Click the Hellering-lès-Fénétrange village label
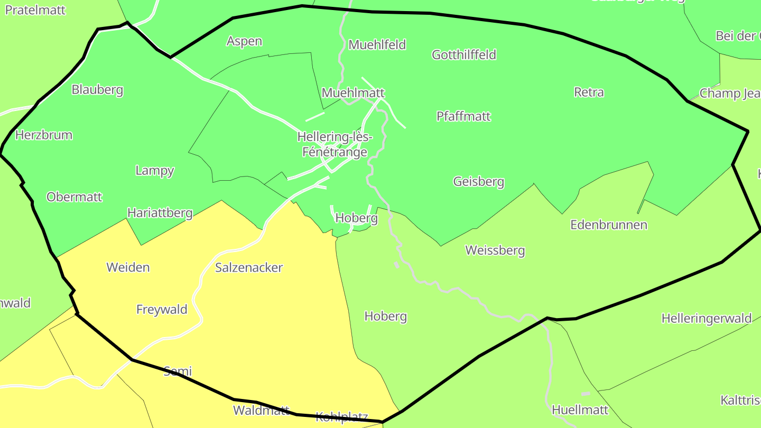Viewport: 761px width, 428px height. tap(335, 145)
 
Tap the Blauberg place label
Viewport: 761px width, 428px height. tap(97, 89)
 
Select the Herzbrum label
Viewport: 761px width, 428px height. tap(44, 135)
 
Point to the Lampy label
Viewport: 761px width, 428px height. tap(155, 170)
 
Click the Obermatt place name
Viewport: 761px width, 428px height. tap(75, 197)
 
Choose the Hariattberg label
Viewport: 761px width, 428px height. tap(160, 212)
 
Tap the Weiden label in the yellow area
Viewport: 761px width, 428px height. tap(128, 267)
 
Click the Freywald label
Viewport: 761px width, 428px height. tap(162, 309)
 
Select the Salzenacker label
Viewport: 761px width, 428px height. tap(249, 267)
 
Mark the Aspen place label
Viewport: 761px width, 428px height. tap(244, 41)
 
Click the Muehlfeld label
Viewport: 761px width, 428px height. tap(377, 44)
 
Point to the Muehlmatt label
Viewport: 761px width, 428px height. tap(353, 92)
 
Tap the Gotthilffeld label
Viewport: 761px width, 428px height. tap(464, 54)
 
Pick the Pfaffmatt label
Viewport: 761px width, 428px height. tap(463, 116)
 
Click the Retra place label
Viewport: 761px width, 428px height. tap(589, 92)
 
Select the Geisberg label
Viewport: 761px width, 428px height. tap(479, 181)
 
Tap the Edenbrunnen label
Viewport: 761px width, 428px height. tap(609, 225)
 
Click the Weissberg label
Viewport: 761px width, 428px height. tap(495, 250)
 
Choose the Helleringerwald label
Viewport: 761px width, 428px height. tap(707, 318)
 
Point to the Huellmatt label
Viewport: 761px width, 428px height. tap(580, 410)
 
